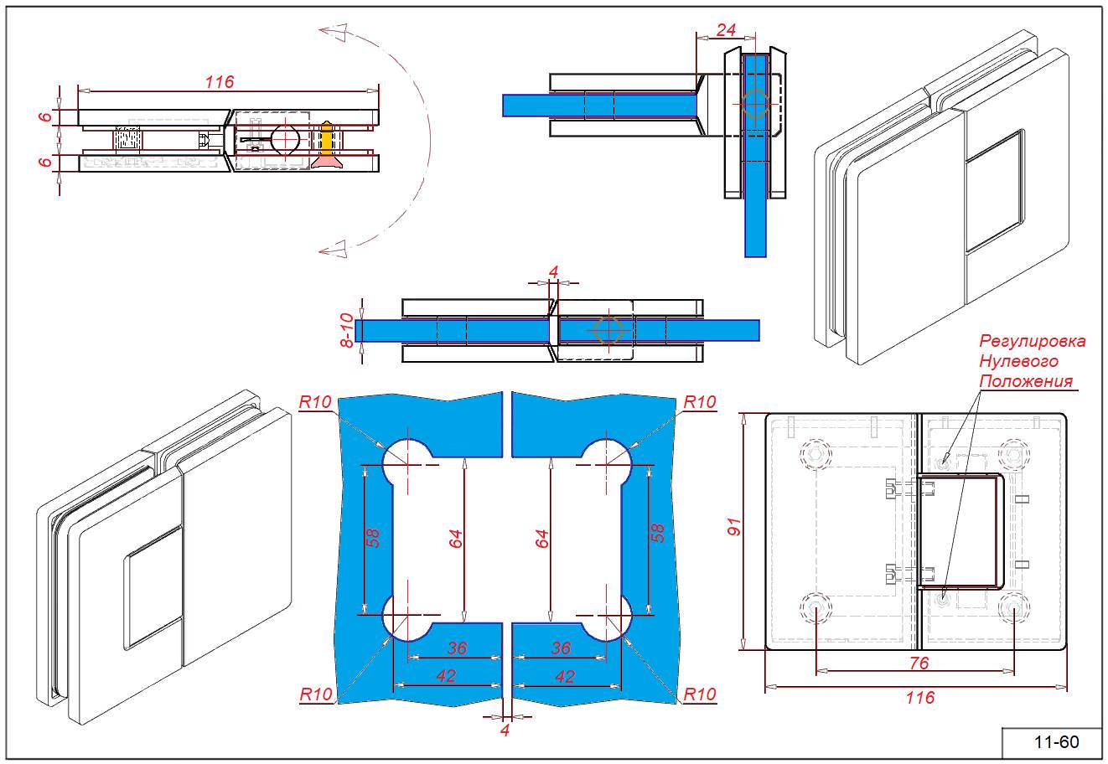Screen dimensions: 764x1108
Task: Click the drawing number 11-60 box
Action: tap(1055, 742)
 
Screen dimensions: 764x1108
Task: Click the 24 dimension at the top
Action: tap(727, 30)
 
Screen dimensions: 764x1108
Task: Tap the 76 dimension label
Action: tap(919, 663)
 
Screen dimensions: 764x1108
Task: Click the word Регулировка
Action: tap(1033, 341)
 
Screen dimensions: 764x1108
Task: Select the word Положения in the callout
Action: tap(1026, 381)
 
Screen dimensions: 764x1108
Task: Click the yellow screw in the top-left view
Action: tap(327, 138)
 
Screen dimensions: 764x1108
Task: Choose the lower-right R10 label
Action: tap(700, 694)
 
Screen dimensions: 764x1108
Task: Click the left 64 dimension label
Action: tap(455, 539)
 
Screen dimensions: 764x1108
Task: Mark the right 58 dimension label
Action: tap(658, 532)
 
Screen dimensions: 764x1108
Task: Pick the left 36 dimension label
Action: tap(457, 648)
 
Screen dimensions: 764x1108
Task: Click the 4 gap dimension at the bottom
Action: tap(505, 730)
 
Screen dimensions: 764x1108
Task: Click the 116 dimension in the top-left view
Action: tap(220, 81)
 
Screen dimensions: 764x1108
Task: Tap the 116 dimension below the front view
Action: tap(919, 697)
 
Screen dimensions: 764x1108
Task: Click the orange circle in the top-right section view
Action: tap(755, 103)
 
